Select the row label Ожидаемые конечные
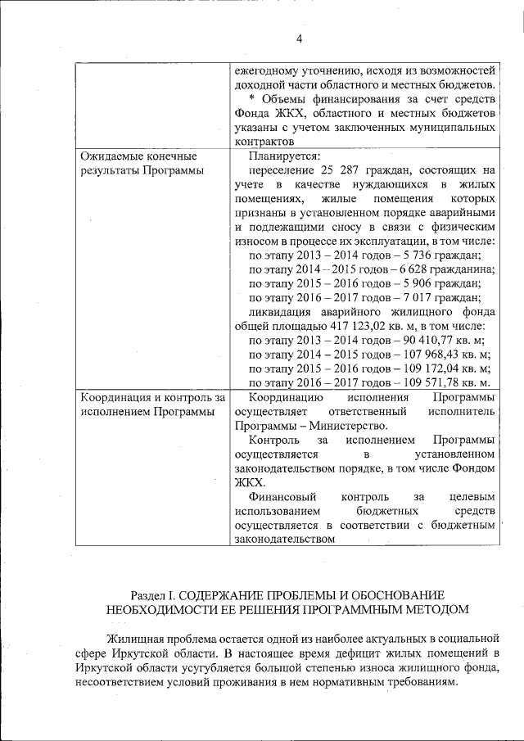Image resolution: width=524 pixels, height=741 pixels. click(x=139, y=156)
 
